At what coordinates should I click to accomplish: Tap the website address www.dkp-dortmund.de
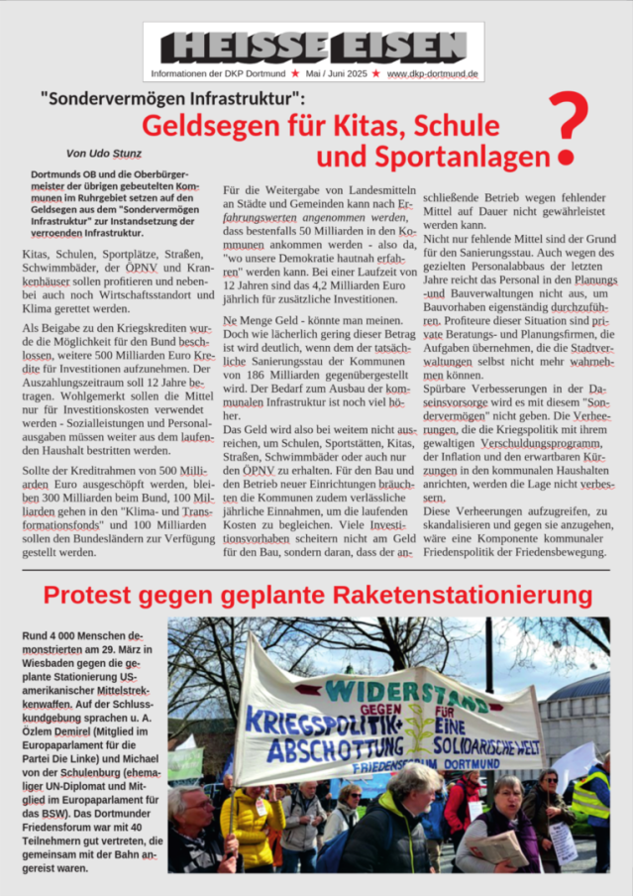click(432, 73)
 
